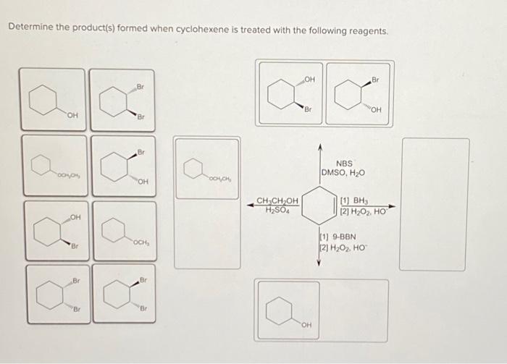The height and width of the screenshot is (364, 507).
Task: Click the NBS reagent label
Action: [x=345, y=164]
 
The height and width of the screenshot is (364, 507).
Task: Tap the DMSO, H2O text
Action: [x=343, y=174]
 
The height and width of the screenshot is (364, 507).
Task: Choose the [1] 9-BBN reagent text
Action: [x=338, y=237]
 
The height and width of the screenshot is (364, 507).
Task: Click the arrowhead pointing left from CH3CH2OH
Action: [x=250, y=205]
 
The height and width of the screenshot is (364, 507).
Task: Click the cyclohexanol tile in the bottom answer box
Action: [x=288, y=310]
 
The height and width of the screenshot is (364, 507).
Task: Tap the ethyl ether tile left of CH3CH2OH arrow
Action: [x=206, y=169]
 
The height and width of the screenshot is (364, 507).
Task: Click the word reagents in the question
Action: [x=369, y=33]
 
